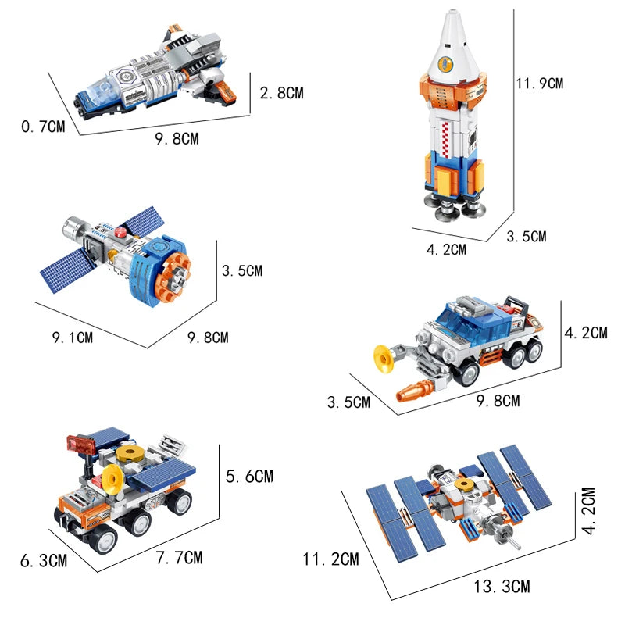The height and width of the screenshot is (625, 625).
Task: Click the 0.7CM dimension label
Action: [43, 127]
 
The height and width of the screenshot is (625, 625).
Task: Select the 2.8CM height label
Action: [282, 93]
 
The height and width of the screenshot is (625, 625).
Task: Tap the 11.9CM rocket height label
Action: [540, 84]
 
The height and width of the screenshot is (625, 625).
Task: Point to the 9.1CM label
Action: [73, 337]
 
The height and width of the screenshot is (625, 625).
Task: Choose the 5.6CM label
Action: [249, 476]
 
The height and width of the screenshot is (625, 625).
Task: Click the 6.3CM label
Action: [44, 561]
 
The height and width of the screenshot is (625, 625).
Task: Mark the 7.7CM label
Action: [180, 557]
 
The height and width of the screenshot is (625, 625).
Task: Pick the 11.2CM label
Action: [330, 559]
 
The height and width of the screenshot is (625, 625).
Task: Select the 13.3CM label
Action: [502, 587]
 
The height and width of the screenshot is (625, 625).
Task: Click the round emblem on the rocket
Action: [445, 64]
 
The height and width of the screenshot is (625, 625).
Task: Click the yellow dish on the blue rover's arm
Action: [383, 359]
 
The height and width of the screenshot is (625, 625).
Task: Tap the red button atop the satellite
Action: [120, 232]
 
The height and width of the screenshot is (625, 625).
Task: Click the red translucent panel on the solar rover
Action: [81, 445]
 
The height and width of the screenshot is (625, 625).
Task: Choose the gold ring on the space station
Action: [464, 484]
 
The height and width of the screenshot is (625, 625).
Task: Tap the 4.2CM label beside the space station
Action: [589, 511]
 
